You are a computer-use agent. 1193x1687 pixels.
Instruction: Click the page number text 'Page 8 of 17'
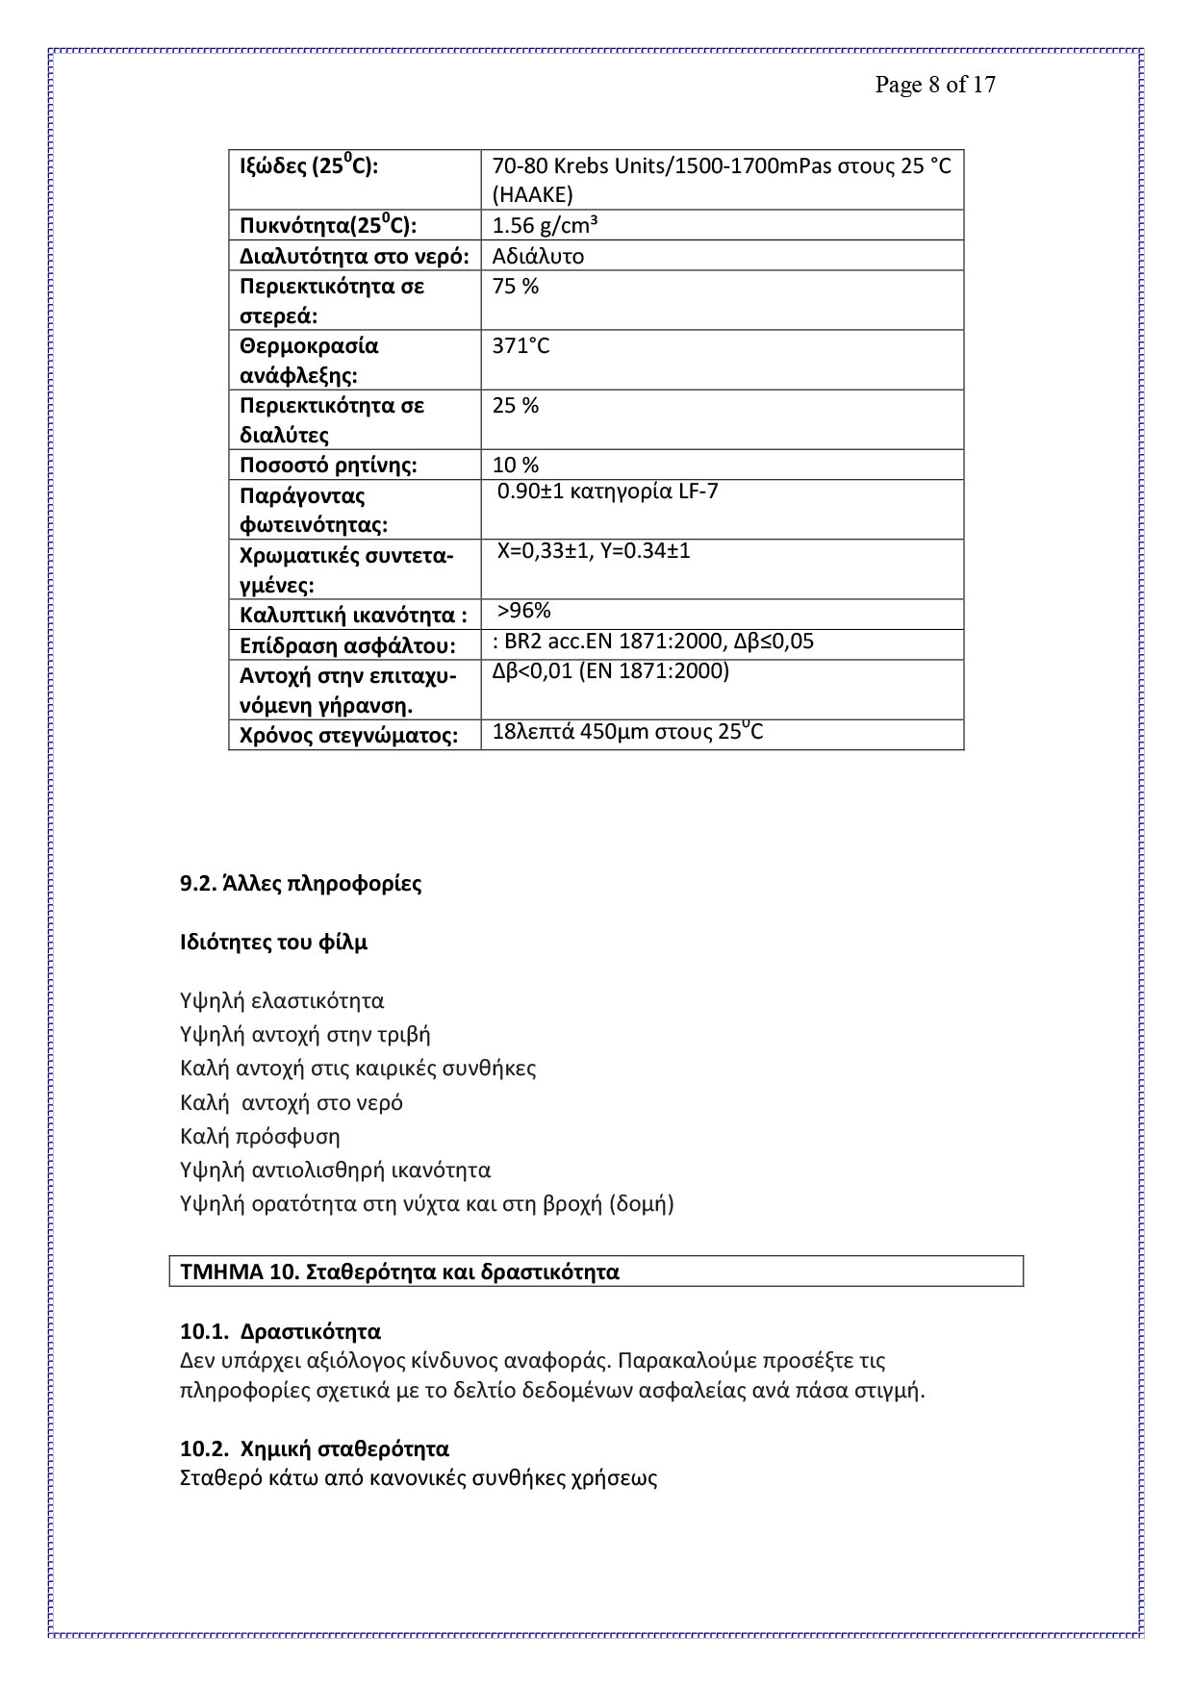coord(934,86)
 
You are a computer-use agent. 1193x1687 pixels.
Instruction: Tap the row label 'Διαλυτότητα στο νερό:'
coord(354,256)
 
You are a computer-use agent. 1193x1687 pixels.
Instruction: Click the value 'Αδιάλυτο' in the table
coord(538,256)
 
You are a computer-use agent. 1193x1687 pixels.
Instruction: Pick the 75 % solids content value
coord(516,287)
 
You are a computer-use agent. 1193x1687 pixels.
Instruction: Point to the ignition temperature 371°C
coord(520,346)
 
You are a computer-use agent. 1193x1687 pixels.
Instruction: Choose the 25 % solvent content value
coord(516,406)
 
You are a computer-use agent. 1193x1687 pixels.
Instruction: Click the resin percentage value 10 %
coord(516,466)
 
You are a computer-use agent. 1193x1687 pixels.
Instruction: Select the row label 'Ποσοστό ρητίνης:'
coord(328,466)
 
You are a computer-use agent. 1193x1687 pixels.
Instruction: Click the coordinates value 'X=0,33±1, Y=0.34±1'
coord(594,551)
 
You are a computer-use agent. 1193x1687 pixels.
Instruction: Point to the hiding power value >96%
coord(523,611)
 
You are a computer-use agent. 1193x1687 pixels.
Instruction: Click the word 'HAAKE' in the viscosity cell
coord(532,195)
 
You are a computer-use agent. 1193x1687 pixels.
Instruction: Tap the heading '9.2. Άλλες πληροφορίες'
coord(300,883)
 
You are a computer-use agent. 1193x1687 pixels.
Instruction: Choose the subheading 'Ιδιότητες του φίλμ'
coord(273,943)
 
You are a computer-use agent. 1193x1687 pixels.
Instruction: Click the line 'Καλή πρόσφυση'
coord(260,1136)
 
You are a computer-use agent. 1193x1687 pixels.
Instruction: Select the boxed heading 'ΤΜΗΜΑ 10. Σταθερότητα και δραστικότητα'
coord(399,1272)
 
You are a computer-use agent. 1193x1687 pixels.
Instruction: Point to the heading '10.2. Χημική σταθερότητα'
coord(315,1448)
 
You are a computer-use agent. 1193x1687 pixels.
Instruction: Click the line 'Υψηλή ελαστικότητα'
coord(282,1001)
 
